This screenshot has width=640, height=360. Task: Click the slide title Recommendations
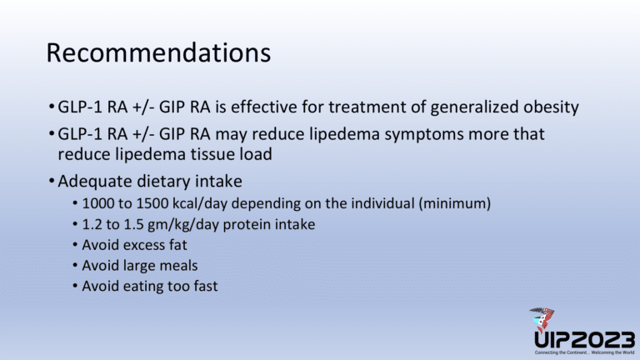point(158,53)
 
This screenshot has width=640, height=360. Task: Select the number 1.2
point(92,225)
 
